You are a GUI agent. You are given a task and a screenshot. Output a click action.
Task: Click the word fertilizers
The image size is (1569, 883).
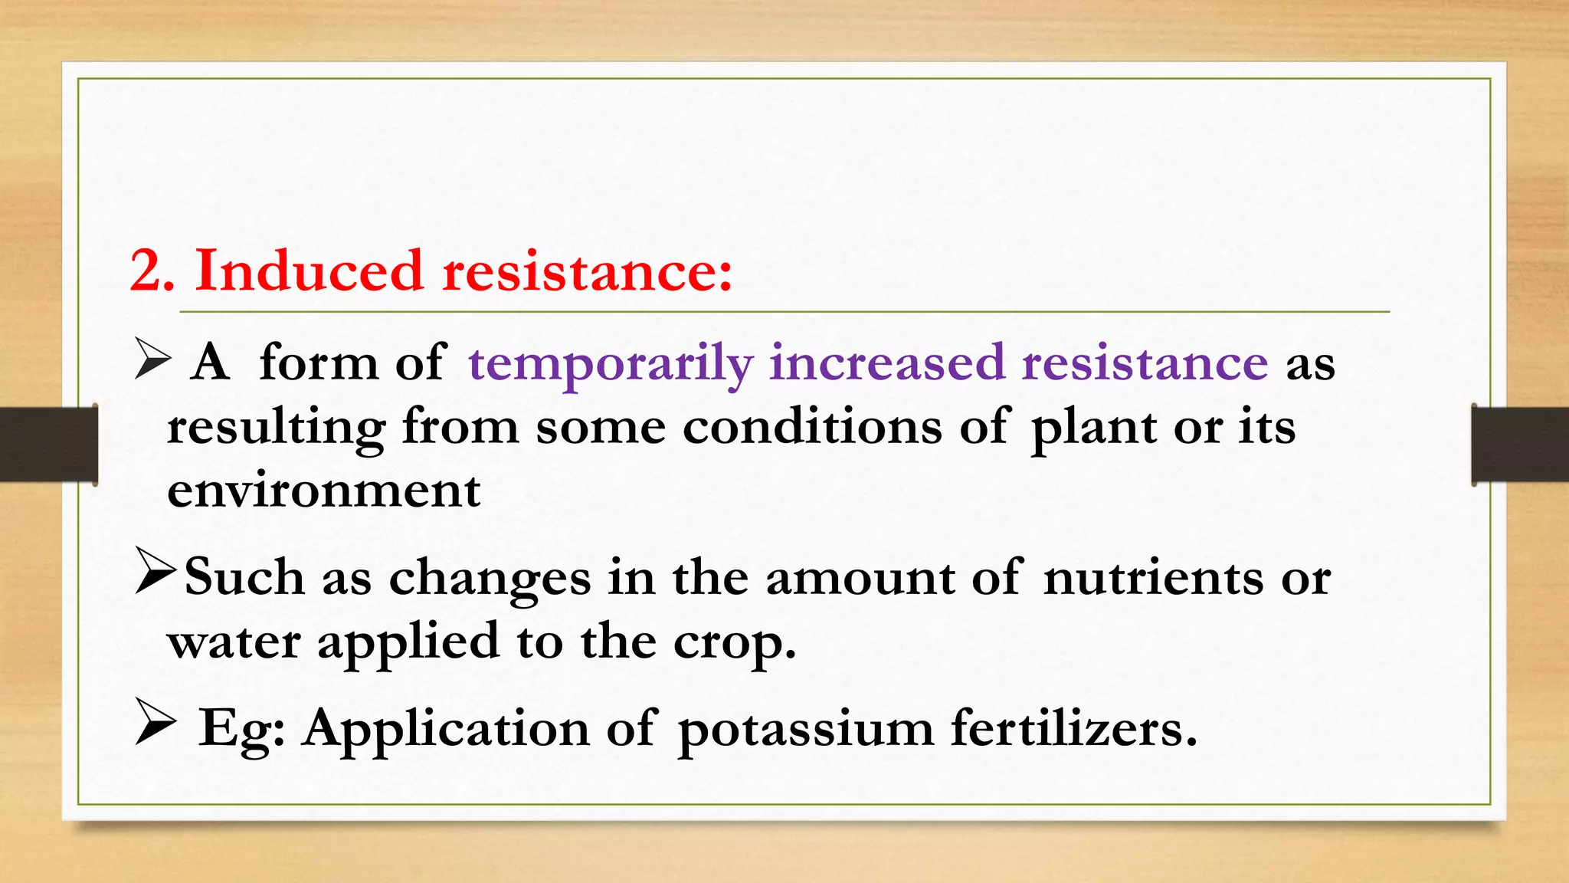pyautogui.click(x=1073, y=727)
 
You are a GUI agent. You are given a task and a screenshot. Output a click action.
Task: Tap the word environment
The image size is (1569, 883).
pyautogui.click(x=323, y=491)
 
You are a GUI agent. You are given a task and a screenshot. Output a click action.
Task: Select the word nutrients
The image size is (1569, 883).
pyautogui.click(x=1153, y=578)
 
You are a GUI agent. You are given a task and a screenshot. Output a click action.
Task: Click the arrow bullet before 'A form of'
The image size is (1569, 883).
pyautogui.click(x=152, y=359)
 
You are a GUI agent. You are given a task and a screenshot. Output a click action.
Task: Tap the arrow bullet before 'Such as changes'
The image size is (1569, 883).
pyautogui.click(x=156, y=570)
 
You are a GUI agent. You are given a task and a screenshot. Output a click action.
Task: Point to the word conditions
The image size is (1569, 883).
pyautogui.click(x=812, y=427)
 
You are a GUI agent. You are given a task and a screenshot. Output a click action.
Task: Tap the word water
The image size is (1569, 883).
pyautogui.click(x=234, y=642)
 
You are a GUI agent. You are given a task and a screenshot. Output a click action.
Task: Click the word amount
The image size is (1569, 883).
pyautogui.click(x=860, y=578)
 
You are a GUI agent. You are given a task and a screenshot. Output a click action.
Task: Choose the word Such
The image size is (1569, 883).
pyautogui.click(x=244, y=576)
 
